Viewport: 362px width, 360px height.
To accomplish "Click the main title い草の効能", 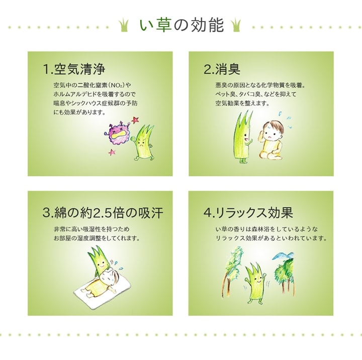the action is point(182,25).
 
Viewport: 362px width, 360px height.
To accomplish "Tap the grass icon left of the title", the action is point(124,26).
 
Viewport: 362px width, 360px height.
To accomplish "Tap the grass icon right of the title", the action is point(236,26).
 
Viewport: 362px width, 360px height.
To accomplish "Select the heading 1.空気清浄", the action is point(74,69).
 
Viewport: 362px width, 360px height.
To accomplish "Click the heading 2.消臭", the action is point(222,69).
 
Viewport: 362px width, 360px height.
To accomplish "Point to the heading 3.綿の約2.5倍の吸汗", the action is point(103,212).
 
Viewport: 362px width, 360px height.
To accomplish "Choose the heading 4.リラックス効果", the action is point(248,212).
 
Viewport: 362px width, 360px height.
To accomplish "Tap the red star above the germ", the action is point(135,119).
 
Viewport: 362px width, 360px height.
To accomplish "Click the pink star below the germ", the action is point(112,152).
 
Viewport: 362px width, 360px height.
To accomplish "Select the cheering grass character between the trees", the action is point(255,284).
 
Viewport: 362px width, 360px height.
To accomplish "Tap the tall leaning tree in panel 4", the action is point(232,270).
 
